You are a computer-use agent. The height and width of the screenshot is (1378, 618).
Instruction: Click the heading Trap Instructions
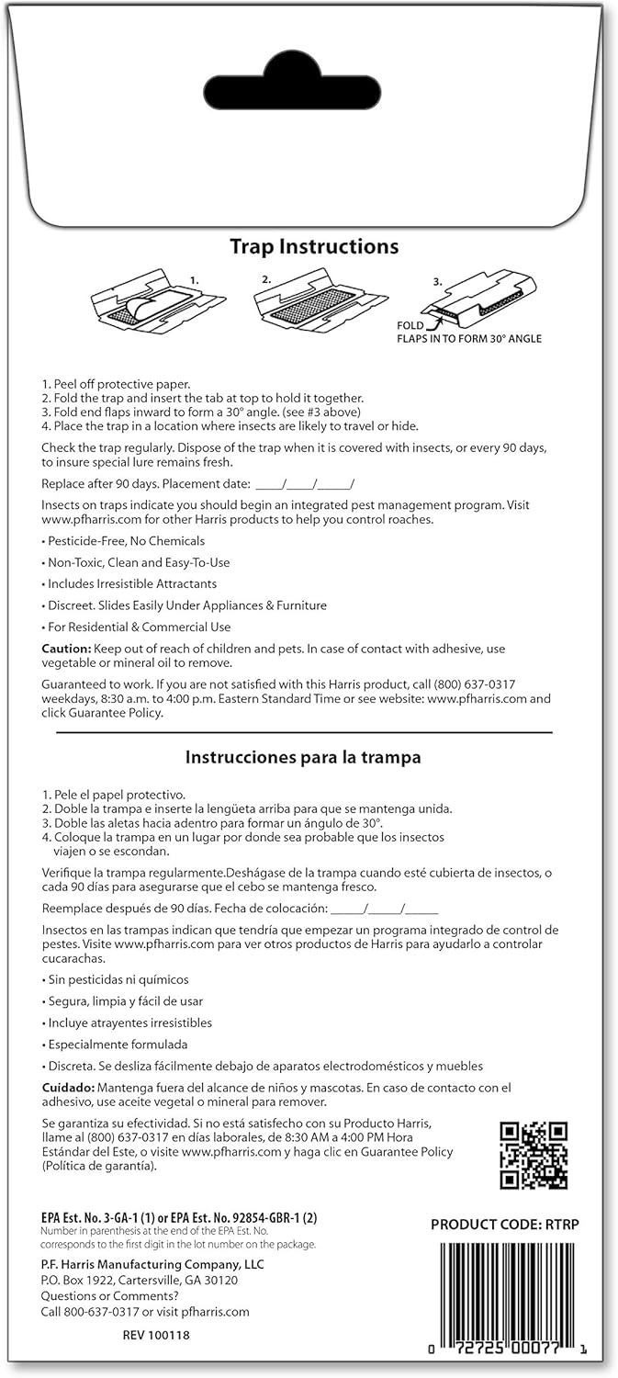coord(314,246)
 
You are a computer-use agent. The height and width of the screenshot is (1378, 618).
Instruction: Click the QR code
coord(534,1156)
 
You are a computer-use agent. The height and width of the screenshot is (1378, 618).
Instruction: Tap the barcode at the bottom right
coord(509,1296)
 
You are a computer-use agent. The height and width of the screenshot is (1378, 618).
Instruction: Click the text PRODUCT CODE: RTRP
coord(505,1224)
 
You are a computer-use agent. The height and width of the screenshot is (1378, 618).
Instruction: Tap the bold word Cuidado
coord(68,1087)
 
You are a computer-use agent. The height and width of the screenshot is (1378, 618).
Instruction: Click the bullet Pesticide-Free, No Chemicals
coord(126,541)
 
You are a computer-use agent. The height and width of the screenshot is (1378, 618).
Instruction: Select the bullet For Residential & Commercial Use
coord(139,627)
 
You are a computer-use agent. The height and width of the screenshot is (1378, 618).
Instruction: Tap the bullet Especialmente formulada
coord(117,1044)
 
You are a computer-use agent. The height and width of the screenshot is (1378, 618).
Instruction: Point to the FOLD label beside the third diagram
coord(410,325)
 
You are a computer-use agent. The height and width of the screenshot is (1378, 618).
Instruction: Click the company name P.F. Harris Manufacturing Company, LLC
coord(152,1264)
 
